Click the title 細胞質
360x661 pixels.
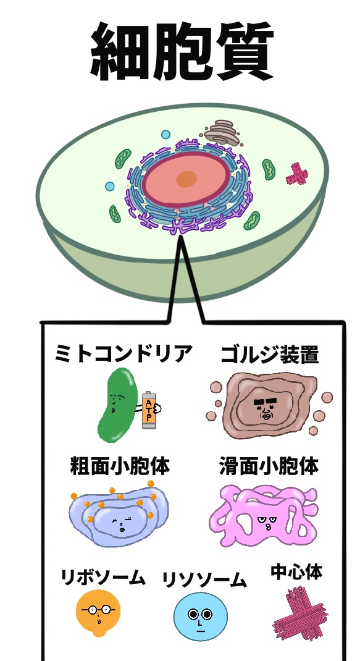pyautogui.click(x=182, y=51)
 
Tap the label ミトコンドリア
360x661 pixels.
pyautogui.click(x=123, y=354)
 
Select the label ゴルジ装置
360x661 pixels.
pyautogui.click(x=270, y=355)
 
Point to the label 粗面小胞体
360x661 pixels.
pyautogui.click(x=120, y=466)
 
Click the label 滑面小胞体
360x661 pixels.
pyautogui.click(x=269, y=466)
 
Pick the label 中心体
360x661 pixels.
pyautogui.click(x=297, y=572)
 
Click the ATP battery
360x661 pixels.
pyautogui.click(x=149, y=410)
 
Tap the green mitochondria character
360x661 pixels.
pyautogui.click(x=116, y=405)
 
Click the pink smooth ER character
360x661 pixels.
pyautogui.click(x=263, y=516)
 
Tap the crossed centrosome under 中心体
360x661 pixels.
pyautogui.click(x=299, y=614)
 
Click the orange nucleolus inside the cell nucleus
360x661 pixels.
pyautogui.click(x=186, y=179)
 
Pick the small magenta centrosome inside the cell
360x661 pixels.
pyautogui.click(x=297, y=174)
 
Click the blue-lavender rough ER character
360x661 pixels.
pyautogui.click(x=119, y=516)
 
